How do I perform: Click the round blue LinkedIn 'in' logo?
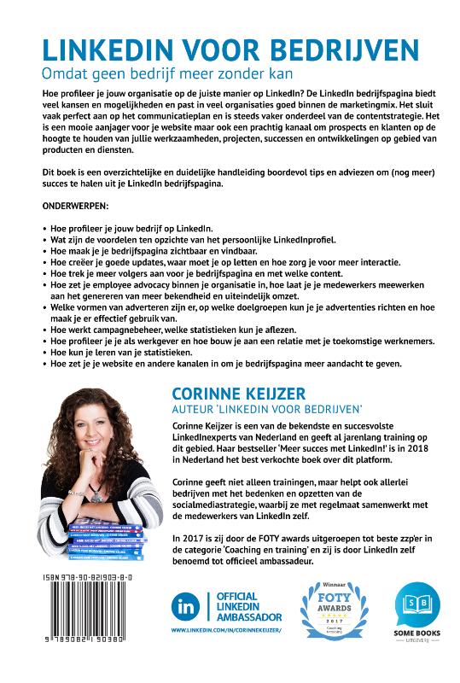[x=185, y=609]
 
